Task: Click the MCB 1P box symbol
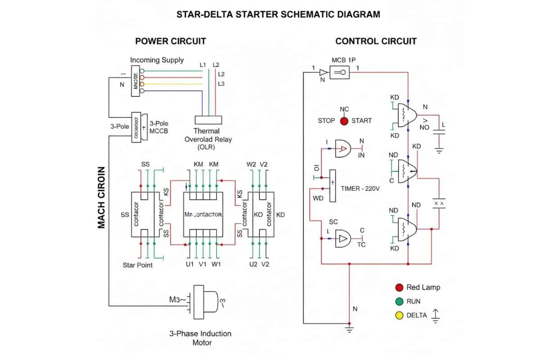pos(340,72)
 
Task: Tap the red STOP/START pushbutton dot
pos(344,121)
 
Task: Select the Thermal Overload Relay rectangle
pos(208,120)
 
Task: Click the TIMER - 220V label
pos(360,189)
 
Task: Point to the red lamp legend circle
pos(399,288)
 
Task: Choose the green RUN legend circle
pos(399,301)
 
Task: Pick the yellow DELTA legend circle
pos(399,315)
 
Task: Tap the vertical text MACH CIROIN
pos(102,198)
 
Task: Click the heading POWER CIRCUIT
pos(171,41)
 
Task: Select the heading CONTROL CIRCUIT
pos(376,41)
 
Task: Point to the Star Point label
pos(138,265)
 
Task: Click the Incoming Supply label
pos(157,60)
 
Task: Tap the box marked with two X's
pos(438,203)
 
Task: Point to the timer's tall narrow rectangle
pos(333,186)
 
